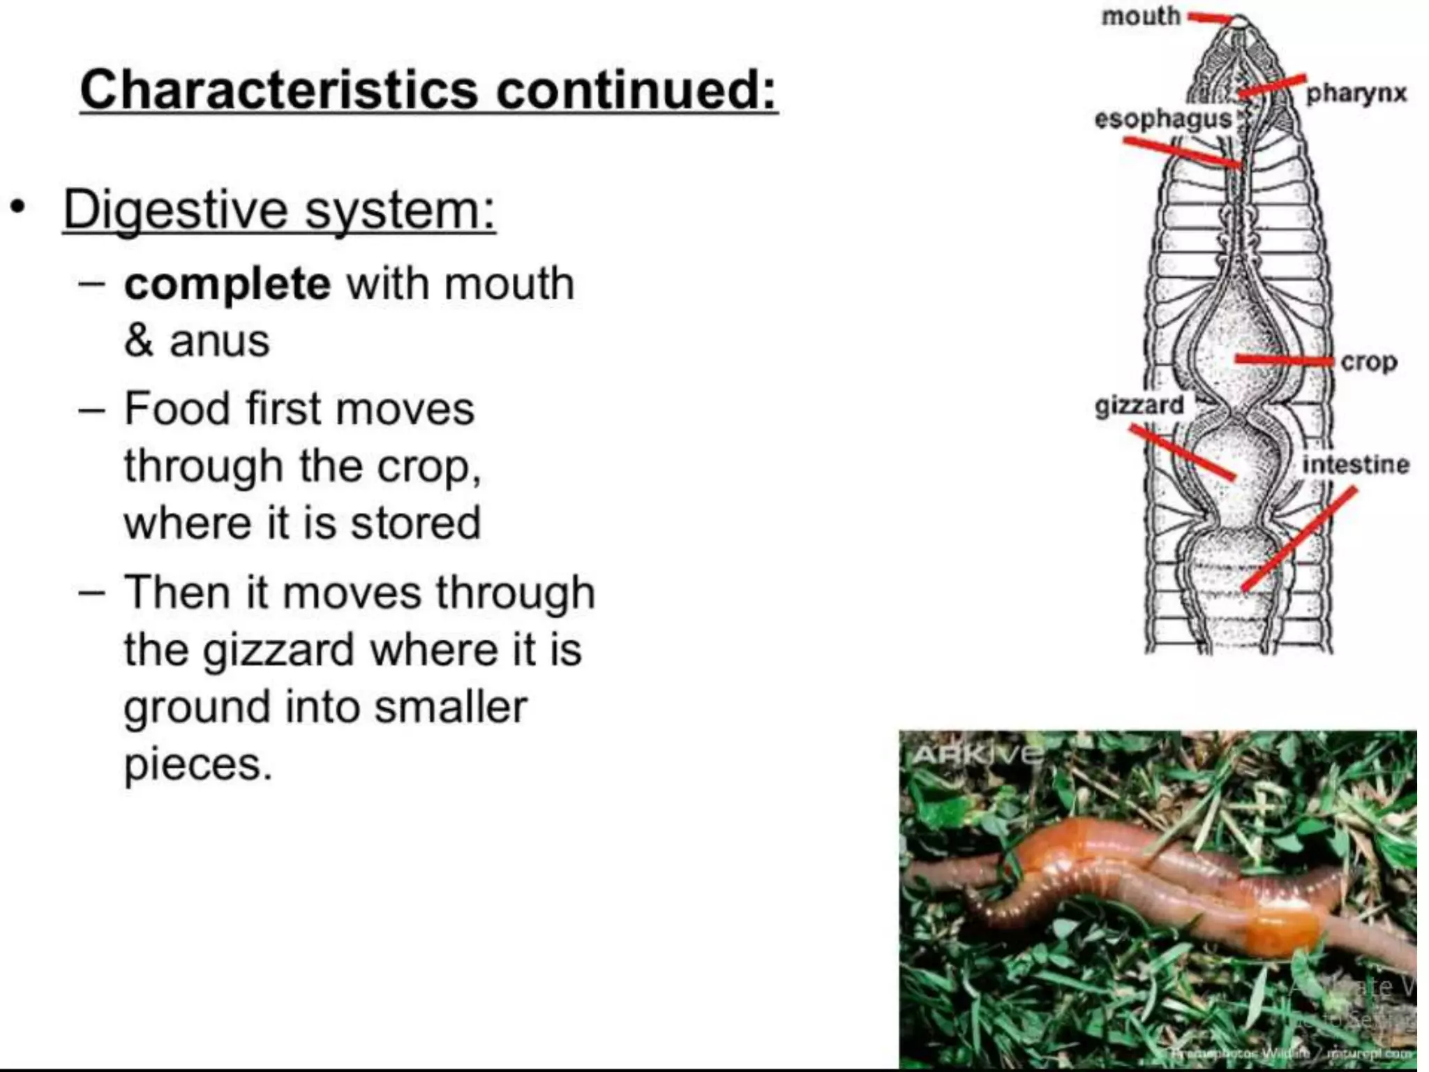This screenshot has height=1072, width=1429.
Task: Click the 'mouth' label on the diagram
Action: (1140, 15)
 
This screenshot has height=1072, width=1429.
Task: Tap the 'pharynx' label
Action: (1356, 93)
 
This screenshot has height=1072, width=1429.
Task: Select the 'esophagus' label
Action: (1162, 119)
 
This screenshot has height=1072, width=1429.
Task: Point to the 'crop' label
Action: (1368, 362)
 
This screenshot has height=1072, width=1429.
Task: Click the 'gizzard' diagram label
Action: (1139, 405)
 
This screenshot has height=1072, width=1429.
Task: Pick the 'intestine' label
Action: (1356, 464)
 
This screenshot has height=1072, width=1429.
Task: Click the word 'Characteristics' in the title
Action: (280, 90)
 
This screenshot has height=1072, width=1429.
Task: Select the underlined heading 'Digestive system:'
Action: (279, 209)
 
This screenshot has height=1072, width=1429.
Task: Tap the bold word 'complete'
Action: (227, 283)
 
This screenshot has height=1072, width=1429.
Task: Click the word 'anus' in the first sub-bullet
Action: (219, 341)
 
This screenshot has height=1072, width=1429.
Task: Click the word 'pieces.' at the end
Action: (197, 765)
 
